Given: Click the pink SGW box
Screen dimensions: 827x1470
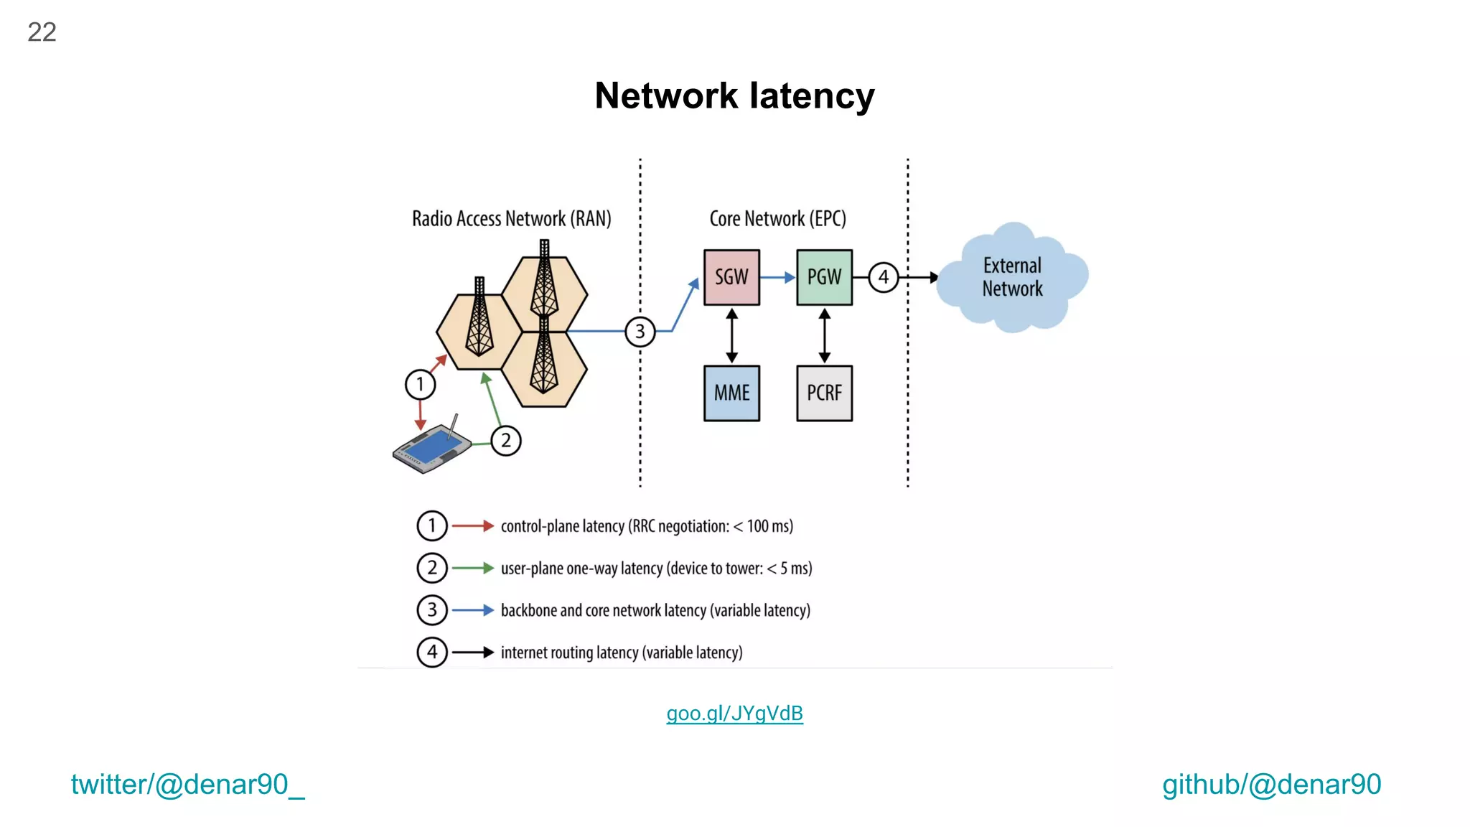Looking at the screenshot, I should (x=731, y=277).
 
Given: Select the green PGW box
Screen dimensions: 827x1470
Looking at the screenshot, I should (x=824, y=277).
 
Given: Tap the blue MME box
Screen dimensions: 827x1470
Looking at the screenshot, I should (x=731, y=393).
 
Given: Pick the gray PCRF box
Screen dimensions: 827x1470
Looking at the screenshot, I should (x=824, y=393).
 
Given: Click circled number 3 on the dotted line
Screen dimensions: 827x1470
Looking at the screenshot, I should (x=640, y=332).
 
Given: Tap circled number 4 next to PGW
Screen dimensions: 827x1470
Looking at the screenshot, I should (x=883, y=277).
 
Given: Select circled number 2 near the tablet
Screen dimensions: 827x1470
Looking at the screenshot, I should (x=506, y=440).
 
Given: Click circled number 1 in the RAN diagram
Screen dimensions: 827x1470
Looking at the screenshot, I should (x=420, y=384).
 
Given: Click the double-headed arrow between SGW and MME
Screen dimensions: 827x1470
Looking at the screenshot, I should (x=731, y=336).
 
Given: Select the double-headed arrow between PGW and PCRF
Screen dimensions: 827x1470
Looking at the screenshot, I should (x=824, y=336).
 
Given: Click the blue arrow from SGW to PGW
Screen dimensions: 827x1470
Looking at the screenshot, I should (x=777, y=277).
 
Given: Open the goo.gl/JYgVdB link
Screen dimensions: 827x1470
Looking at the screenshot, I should (x=734, y=714).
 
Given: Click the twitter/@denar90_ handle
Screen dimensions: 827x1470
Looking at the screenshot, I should (x=187, y=785).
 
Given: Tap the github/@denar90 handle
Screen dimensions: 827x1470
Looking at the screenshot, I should (x=1271, y=785).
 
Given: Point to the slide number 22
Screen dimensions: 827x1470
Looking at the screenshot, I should (x=42, y=32).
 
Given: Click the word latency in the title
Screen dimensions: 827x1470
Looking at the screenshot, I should (x=812, y=96).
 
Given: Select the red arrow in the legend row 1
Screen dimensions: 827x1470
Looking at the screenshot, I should (x=472, y=526).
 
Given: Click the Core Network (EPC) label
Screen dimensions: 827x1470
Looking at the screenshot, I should (x=777, y=219).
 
